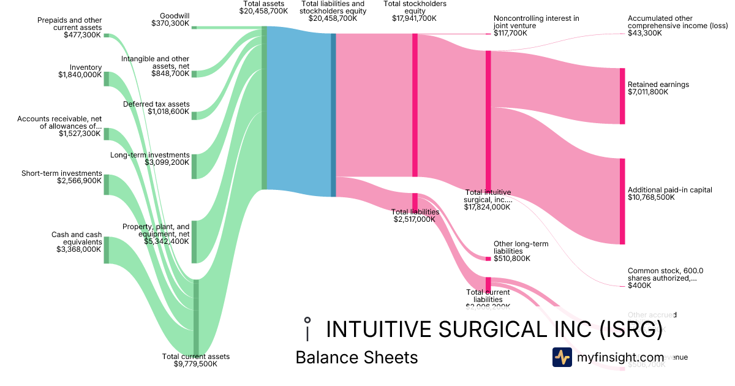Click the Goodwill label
174,15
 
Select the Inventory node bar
106,78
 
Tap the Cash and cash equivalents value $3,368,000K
78,249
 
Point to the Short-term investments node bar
106,184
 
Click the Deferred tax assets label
156,104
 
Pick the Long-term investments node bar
194,167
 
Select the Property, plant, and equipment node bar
194,241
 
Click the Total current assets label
195,356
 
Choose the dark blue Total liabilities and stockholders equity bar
334,115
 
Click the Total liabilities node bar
415,202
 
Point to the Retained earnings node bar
622,96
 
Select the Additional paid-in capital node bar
622,202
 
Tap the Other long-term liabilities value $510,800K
512,259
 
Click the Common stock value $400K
639,286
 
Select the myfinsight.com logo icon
562,357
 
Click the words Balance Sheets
356,357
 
